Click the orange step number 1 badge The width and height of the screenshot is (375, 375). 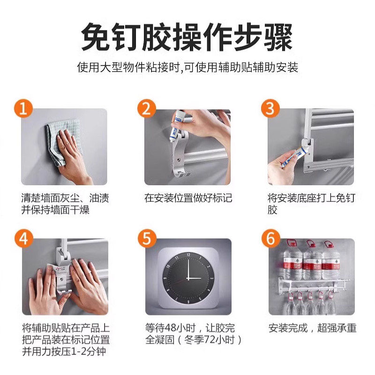click(x=23, y=108)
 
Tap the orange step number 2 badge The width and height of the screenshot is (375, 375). click(x=147, y=108)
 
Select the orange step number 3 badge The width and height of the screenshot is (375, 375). click(x=270, y=108)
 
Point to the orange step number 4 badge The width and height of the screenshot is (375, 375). click(x=24, y=239)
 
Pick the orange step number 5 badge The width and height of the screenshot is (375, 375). click(x=147, y=239)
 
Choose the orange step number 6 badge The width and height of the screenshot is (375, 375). click(x=271, y=239)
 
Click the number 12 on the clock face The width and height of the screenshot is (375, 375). click(x=188, y=255)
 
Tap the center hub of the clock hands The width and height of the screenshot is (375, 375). click(x=188, y=278)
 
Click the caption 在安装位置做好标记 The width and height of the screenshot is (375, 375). click(x=188, y=198)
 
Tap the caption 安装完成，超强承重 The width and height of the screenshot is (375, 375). click(x=312, y=328)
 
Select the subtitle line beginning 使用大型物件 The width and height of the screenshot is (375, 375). click(x=187, y=67)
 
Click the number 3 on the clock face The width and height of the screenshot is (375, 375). click(x=212, y=278)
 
